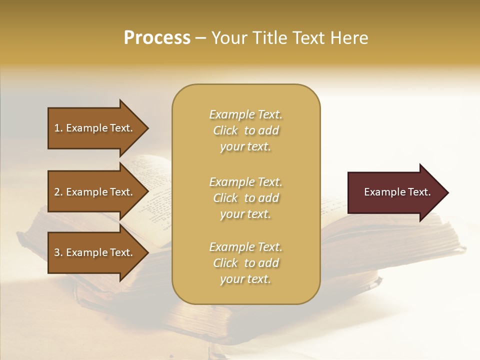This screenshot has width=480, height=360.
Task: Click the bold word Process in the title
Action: [157, 38]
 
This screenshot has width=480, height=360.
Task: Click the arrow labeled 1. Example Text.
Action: [95, 128]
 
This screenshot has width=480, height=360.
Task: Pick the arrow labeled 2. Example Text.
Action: [95, 192]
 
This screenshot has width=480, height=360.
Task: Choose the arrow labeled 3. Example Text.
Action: [95, 252]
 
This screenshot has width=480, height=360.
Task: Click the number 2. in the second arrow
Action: [58, 192]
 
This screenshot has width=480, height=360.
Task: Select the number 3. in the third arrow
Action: [58, 252]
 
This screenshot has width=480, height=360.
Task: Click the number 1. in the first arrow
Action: [58, 128]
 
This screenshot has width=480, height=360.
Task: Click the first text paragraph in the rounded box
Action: [245, 130]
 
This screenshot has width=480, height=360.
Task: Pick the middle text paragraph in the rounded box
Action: [245, 198]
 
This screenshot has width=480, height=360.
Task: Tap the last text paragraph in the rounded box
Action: [245, 263]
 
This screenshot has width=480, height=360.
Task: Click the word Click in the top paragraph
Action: [225, 130]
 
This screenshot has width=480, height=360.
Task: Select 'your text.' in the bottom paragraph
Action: [245, 279]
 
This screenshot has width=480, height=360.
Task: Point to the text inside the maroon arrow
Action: [397, 192]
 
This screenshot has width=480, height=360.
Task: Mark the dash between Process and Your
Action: [200, 38]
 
